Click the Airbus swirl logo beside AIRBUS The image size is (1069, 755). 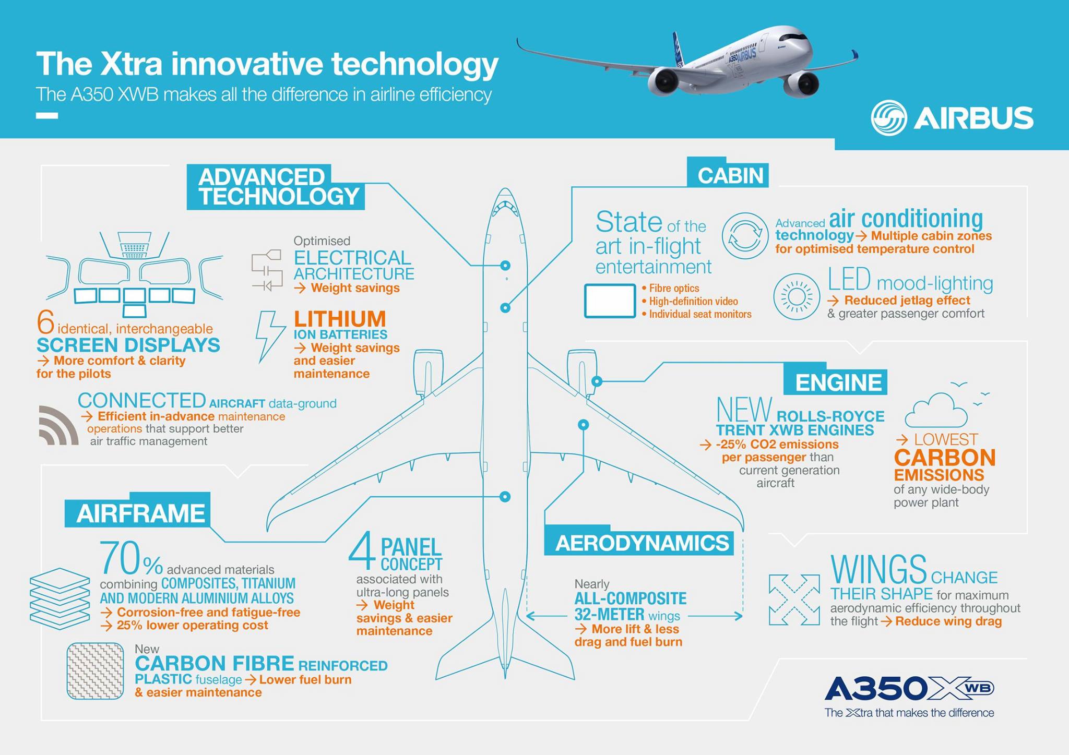point(888,118)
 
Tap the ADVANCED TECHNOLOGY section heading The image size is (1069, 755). point(276,187)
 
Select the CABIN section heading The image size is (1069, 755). point(730,175)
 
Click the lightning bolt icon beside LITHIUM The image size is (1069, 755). point(269,337)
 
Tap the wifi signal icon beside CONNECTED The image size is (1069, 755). point(58,425)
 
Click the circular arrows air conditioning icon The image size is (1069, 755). point(745,236)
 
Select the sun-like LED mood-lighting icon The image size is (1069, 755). point(797,296)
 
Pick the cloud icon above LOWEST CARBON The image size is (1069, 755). point(936,410)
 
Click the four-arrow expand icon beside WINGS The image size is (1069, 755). point(794,600)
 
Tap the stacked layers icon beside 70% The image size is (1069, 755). point(60,598)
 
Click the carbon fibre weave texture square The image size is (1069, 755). point(95,670)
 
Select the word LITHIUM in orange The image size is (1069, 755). point(340,319)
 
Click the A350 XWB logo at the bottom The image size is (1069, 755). point(909,689)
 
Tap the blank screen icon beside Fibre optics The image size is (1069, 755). point(610,301)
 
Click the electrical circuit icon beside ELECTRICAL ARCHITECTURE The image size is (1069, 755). point(266,270)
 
